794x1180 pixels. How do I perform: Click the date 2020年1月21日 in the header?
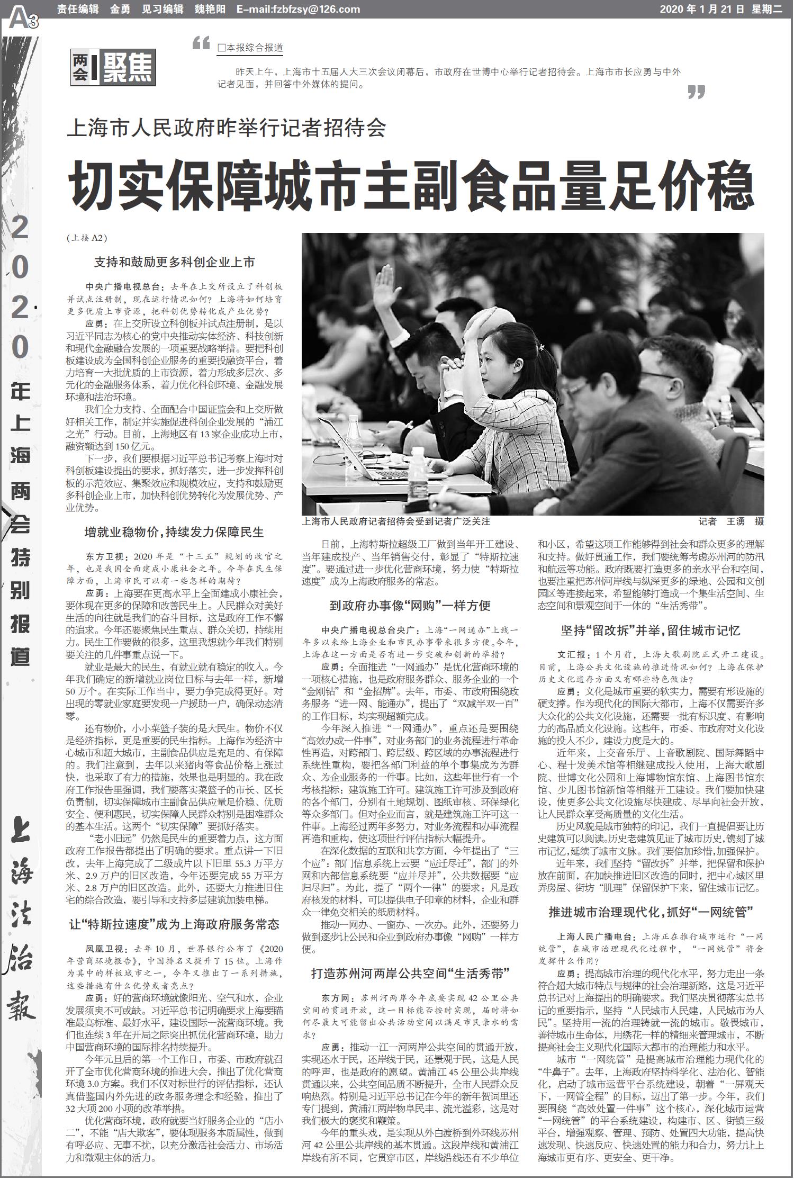[702, 10]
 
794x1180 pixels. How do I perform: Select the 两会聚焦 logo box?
[113, 68]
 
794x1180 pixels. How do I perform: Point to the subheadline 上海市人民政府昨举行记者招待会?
[227, 128]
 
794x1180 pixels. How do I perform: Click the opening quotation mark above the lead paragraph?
[201, 43]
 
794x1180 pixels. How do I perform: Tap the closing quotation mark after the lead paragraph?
[696, 92]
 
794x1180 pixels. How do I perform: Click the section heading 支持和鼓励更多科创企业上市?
[174, 262]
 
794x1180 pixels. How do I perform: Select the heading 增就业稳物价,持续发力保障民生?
[174, 532]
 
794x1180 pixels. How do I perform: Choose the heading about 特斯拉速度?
[174, 925]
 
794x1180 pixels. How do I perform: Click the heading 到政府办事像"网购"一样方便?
[410, 606]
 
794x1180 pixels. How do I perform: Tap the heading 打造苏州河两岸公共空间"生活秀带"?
[410, 973]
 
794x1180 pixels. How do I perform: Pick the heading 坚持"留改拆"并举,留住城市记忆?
[651, 630]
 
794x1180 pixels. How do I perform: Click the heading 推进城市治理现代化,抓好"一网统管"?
[651, 912]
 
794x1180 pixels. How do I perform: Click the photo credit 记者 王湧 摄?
[731, 521]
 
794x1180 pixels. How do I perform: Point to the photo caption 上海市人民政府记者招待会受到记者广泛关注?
[396, 521]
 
